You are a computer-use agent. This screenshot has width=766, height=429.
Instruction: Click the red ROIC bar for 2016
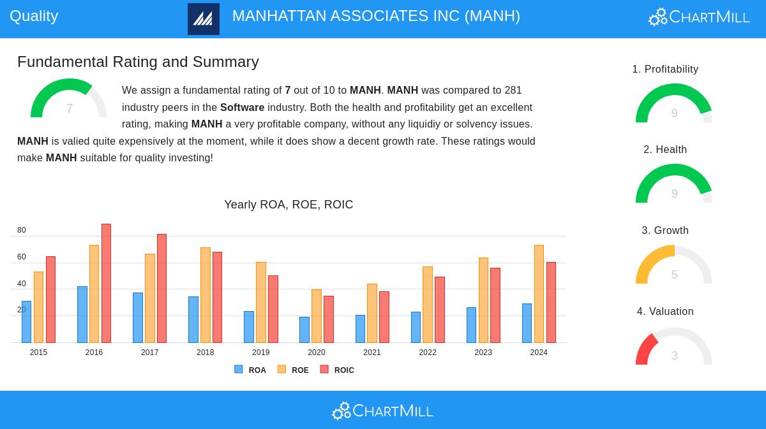coord(106,284)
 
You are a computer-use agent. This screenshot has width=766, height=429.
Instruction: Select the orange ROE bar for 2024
coord(539,294)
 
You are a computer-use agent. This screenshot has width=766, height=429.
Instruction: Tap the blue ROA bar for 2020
coord(304,330)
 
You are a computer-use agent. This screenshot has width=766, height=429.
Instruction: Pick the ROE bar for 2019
coord(261,303)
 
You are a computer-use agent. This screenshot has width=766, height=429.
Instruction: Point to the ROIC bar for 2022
coord(440,310)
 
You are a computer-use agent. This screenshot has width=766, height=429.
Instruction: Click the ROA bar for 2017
coord(138,318)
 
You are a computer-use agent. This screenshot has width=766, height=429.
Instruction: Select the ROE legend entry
coord(294,370)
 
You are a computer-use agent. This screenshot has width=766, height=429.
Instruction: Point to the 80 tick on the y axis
coord(22,230)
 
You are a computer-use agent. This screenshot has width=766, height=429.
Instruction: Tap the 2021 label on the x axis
coord(372,353)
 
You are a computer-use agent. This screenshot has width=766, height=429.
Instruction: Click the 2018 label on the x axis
coord(206,353)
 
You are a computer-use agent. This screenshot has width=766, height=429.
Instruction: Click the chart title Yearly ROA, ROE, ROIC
coord(289,205)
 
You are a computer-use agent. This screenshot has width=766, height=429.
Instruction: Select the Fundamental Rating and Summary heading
coord(138,62)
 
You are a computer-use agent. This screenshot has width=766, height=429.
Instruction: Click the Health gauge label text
coord(665,150)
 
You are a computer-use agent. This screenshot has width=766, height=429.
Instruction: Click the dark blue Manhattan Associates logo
coord(204,19)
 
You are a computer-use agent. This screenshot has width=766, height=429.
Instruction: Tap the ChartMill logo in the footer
coord(382,411)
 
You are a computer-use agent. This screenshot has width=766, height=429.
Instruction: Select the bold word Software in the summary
coord(242,107)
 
